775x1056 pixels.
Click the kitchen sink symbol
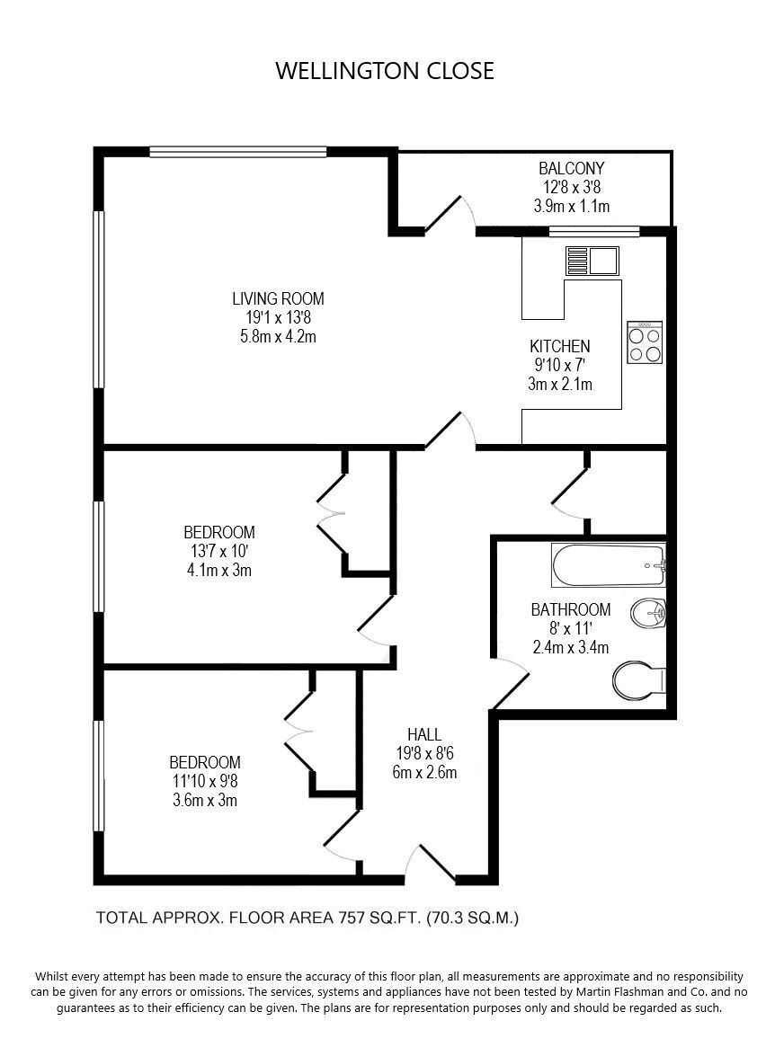click(591, 261)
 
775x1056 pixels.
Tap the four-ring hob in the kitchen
click(645, 342)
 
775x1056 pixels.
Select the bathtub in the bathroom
click(609, 565)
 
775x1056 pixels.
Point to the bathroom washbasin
click(648, 613)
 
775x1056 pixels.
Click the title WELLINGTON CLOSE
click(385, 71)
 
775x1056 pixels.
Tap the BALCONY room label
click(572, 168)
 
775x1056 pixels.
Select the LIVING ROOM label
click(279, 297)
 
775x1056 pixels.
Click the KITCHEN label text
click(560, 346)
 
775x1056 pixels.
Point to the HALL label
click(424, 734)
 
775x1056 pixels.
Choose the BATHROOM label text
click(571, 609)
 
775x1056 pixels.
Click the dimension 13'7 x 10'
click(219, 551)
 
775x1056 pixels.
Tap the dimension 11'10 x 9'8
click(205, 781)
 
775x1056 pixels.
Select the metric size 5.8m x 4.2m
click(279, 335)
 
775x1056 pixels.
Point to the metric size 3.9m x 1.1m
click(572, 206)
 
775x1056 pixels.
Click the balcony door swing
click(450, 213)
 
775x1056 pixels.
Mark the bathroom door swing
click(511, 682)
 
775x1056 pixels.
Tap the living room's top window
click(238, 152)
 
